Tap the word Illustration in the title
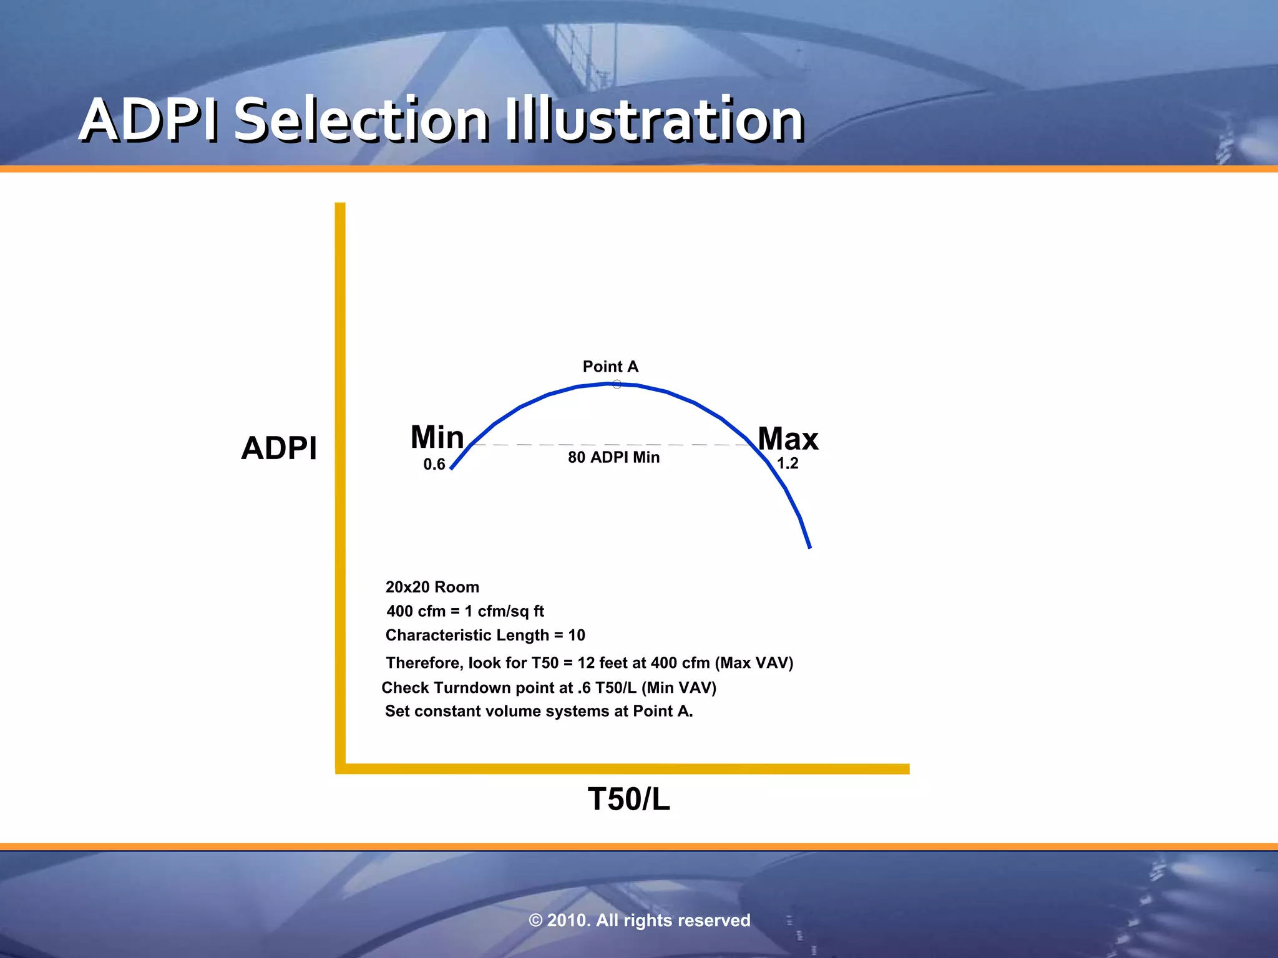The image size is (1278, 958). click(x=653, y=120)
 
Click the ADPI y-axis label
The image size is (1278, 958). click(x=279, y=448)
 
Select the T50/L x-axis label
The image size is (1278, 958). click(x=628, y=799)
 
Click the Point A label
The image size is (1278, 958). click(x=610, y=367)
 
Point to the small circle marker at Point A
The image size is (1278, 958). click(x=617, y=384)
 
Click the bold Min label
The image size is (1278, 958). click(x=437, y=437)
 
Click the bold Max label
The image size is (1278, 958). click(x=788, y=438)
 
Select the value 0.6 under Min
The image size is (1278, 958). click(x=434, y=465)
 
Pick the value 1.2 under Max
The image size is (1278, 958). click(x=787, y=463)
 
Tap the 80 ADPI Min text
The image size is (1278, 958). click(x=613, y=457)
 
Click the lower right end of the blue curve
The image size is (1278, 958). click(x=809, y=546)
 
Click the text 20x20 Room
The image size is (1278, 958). click(x=432, y=587)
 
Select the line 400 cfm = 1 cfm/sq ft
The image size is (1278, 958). click(x=465, y=611)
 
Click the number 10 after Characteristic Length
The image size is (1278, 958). click(x=577, y=635)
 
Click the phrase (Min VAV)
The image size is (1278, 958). click(x=679, y=687)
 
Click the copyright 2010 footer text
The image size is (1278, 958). click(x=639, y=920)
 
